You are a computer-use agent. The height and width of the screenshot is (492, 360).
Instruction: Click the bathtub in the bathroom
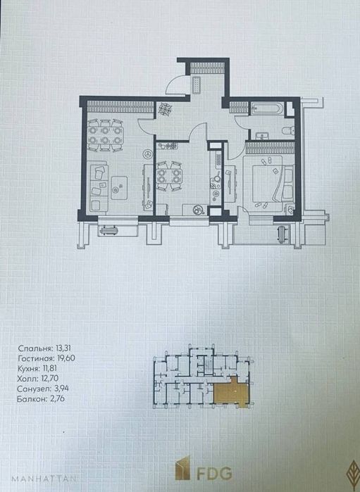pyautogui.click(x=267, y=109)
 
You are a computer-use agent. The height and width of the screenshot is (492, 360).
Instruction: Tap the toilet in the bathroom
pyautogui.click(x=288, y=130)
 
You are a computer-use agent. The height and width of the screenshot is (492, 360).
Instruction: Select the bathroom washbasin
pyautogui.click(x=261, y=136)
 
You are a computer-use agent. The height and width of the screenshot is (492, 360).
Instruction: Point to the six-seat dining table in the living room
pyautogui.click(x=104, y=135)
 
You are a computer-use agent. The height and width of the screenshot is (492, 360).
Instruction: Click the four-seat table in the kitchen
pyautogui.click(x=168, y=176)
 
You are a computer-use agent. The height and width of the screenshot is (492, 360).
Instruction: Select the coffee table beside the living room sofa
pyautogui.click(x=119, y=188)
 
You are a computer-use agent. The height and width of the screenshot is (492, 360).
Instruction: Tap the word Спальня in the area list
pyautogui.click(x=35, y=348)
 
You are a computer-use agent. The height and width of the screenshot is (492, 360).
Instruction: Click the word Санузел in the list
pyautogui.click(x=33, y=389)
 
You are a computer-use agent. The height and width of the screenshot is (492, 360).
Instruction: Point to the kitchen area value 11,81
pyautogui.click(x=49, y=369)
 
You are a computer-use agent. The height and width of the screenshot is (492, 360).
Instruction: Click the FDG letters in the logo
pyautogui.click(x=215, y=473)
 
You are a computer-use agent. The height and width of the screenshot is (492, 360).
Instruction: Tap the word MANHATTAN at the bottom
pyautogui.click(x=44, y=479)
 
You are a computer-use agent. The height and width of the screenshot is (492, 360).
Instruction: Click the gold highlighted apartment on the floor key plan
pyautogui.click(x=232, y=393)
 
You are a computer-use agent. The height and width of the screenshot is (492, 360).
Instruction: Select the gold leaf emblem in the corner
pyautogui.click(x=354, y=472)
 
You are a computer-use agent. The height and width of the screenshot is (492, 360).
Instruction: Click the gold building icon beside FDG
pyautogui.click(x=183, y=469)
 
